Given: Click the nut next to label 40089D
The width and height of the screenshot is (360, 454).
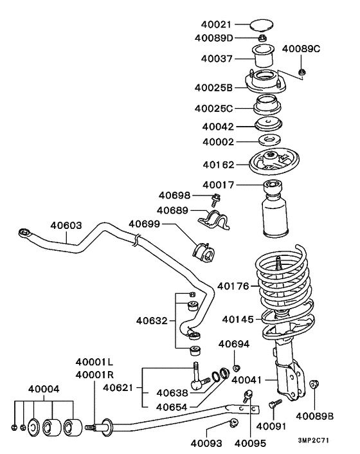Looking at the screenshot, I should (263, 39).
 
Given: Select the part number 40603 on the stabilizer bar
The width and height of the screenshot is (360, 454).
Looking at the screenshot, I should (66, 226).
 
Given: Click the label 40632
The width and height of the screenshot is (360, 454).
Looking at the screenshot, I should (152, 320).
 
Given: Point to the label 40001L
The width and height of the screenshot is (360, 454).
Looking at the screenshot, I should (94, 362).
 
